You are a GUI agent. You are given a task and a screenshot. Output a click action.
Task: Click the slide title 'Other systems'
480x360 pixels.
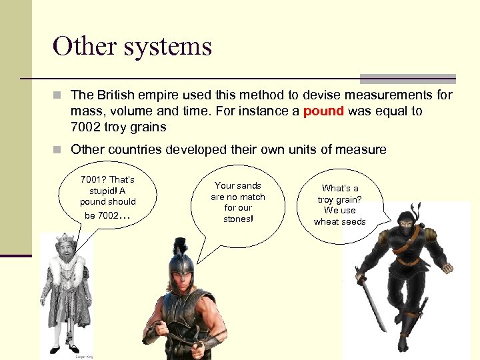[132, 46]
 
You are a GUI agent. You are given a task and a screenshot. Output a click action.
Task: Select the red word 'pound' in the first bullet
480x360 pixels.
[323, 111]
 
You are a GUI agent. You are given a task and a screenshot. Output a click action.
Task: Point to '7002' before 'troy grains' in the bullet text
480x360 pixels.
[85, 127]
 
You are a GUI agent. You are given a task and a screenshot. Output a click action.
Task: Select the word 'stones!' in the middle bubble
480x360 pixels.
[238, 219]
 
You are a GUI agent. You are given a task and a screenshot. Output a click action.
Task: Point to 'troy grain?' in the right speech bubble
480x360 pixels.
[340, 199]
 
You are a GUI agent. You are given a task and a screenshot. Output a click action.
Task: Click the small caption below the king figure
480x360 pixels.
[83, 357]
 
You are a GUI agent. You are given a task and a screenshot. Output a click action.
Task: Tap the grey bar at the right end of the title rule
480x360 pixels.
[407, 79]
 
